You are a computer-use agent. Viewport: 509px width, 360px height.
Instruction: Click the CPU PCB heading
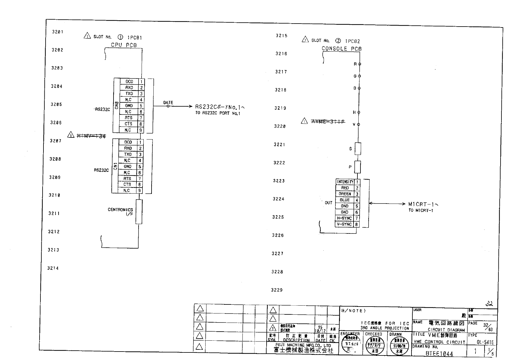[124, 45]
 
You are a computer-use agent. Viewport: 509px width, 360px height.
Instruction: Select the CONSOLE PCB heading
[341, 49]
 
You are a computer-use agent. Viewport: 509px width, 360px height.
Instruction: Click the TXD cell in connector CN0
[129, 94]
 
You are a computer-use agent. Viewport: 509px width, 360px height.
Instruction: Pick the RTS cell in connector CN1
[127, 178]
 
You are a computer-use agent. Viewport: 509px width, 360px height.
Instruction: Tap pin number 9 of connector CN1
[139, 191]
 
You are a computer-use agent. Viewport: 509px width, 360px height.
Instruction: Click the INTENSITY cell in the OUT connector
[345, 182]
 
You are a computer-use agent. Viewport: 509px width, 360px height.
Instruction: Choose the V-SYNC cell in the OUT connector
[344, 224]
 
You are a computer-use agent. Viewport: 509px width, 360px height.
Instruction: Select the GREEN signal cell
[345, 194]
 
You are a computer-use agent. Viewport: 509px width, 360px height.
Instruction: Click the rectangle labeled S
[358, 149]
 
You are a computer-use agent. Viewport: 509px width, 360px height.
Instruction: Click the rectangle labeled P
[357, 167]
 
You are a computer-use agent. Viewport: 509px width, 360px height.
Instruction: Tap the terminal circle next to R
[360, 64]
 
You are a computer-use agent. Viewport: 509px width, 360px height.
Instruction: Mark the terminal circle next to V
[359, 124]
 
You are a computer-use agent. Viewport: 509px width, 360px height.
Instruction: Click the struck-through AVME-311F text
[328, 121]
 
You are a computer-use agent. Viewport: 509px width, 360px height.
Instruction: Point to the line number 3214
[53, 268]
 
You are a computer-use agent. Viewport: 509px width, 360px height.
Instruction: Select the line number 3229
[277, 290]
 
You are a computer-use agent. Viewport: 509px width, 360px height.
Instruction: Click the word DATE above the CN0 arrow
[168, 103]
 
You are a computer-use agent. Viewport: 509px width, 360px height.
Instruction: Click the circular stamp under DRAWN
[399, 345]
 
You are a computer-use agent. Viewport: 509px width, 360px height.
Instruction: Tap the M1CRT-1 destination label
[423, 204]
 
